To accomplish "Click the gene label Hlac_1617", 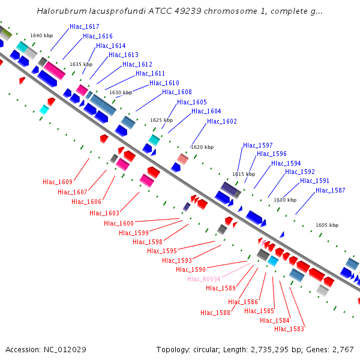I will click(x=85, y=27).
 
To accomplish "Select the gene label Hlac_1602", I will click(x=222, y=122).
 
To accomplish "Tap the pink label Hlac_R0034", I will click(x=204, y=280).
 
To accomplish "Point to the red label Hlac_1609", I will click(x=58, y=182).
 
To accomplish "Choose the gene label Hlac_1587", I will click(x=331, y=191).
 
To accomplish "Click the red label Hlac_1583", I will click(x=289, y=329).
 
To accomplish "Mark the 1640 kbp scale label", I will click(x=41, y=36).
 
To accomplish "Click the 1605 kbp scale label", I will click(x=327, y=225).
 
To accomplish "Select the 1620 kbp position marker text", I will click(x=202, y=147).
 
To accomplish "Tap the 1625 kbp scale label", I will click(x=161, y=120).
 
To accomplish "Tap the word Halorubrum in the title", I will click(x=59, y=11).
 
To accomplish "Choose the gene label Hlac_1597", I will click(x=258, y=146).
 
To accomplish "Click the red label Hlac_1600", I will click(x=119, y=224).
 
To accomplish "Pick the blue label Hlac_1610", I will click(x=164, y=83).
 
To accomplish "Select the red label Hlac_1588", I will click(x=215, y=313).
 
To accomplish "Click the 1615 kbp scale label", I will click(x=244, y=174).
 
